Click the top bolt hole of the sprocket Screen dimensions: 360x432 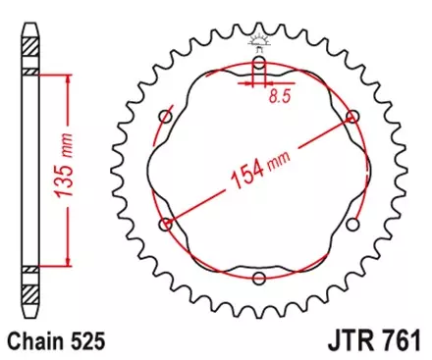pyautogui.click(x=258, y=65)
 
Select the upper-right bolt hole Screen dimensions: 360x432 pyautogui.click(x=351, y=118)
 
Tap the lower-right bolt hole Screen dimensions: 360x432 pyautogui.click(x=351, y=224)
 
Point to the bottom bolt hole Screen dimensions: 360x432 pyautogui.click(x=258, y=279)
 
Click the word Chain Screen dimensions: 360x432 pyautogui.click(x=31, y=342)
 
